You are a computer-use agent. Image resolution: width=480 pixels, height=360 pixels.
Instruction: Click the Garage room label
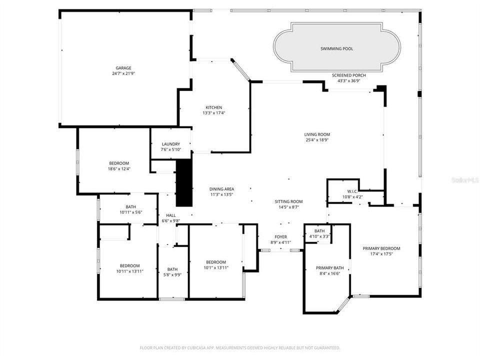pyautogui.click(x=123, y=68)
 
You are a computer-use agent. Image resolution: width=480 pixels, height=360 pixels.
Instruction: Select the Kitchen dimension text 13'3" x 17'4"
pyautogui.click(x=213, y=113)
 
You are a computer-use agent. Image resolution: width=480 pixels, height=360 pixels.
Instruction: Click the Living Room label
pyautogui.click(x=317, y=134)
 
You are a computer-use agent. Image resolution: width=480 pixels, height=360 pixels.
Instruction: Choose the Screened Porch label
pyautogui.click(x=349, y=75)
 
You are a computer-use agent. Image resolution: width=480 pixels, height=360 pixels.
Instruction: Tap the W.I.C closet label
pyautogui.click(x=351, y=191)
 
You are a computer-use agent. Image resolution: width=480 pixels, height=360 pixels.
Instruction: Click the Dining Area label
pyautogui.click(x=221, y=189)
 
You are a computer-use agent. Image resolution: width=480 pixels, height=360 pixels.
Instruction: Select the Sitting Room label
pyautogui.click(x=288, y=201)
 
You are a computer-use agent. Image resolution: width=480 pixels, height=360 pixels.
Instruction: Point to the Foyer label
pyautogui.click(x=280, y=236)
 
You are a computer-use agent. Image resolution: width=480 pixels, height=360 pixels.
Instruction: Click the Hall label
pyautogui.click(x=170, y=215)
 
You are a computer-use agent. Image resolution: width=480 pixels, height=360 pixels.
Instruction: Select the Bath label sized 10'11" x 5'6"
pyautogui.click(x=130, y=207)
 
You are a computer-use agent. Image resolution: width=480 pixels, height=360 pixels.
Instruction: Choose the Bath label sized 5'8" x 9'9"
pyautogui.click(x=172, y=269)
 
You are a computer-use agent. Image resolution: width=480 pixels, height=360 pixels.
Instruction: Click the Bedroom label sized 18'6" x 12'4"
pyautogui.click(x=119, y=163)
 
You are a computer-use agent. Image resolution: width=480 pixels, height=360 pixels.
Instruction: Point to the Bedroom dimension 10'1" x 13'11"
pyautogui.click(x=216, y=268)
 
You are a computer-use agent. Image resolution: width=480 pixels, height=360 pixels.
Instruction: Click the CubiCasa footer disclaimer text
pyautogui.click(x=240, y=347)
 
